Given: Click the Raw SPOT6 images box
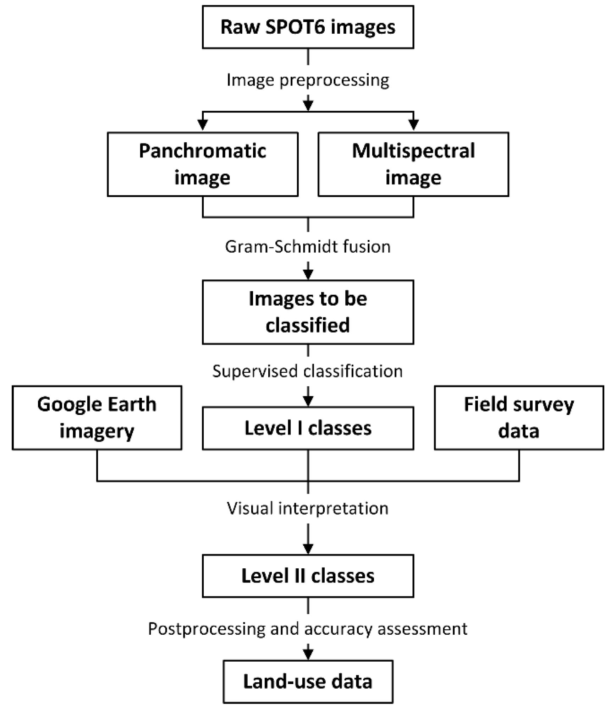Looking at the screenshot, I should [x=308, y=27].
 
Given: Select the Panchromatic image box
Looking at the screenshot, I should [x=202, y=164].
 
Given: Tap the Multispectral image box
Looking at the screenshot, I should [x=413, y=164].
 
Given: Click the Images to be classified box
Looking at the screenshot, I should [x=308, y=312].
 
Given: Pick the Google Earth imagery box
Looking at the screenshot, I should [x=97, y=417].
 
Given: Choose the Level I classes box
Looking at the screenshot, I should [x=308, y=428].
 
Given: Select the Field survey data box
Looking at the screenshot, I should [x=518, y=417].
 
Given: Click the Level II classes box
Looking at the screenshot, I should [x=308, y=575].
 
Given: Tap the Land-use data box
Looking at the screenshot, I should [x=308, y=681].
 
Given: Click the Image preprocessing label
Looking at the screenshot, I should [x=308, y=80].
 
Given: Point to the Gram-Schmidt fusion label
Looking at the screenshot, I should [x=308, y=247].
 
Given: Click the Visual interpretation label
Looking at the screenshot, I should [x=308, y=508].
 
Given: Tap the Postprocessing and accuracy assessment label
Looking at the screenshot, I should [x=308, y=629].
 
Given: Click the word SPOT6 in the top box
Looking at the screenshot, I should [x=295, y=27].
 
